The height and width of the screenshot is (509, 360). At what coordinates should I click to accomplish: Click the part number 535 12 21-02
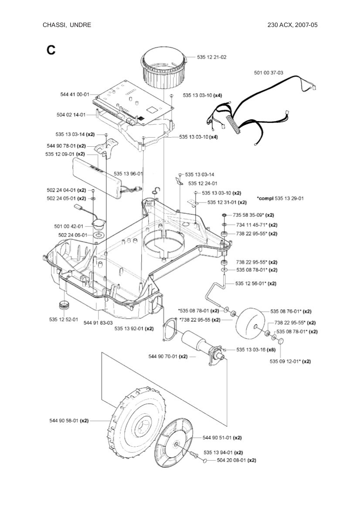tap(211, 57)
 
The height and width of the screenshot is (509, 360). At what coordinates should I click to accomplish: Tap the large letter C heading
tap(51, 50)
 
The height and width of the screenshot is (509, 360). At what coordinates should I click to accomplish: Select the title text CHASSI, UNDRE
tap(67, 25)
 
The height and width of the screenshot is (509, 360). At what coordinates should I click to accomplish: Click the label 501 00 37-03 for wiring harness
tap(268, 73)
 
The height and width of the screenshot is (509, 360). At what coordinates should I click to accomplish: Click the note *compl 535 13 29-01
tap(280, 198)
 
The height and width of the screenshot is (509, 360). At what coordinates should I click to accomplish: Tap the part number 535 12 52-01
tap(64, 320)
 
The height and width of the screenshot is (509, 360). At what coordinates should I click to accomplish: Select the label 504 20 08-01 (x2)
tap(236, 460)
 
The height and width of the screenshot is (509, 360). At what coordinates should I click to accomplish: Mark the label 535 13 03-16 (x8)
tap(255, 349)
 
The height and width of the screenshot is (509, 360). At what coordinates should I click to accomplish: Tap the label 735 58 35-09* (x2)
tap(253, 215)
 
